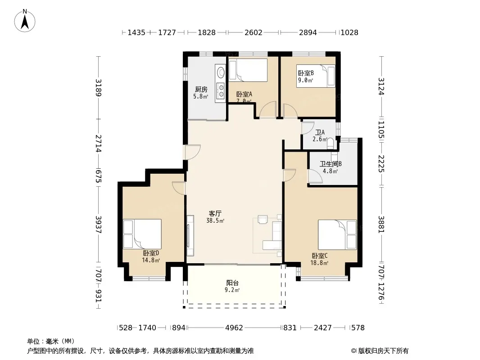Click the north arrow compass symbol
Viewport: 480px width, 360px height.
(x=25, y=21)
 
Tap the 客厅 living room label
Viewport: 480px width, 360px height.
(x=215, y=213)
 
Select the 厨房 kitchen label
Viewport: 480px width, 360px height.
(x=201, y=89)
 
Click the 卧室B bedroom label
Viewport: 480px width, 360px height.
(x=306, y=73)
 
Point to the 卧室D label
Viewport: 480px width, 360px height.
(x=151, y=253)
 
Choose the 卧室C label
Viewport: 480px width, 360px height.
(x=320, y=256)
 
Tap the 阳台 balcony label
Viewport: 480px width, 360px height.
(x=232, y=283)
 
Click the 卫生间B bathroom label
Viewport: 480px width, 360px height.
(x=331, y=164)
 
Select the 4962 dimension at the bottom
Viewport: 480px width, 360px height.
(x=234, y=328)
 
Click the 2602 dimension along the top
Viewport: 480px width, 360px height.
(x=254, y=32)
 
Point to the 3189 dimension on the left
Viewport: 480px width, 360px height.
(x=98, y=88)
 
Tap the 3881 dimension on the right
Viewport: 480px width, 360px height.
(x=381, y=224)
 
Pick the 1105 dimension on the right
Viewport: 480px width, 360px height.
(x=381, y=130)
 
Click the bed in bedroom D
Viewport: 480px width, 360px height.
(x=142, y=234)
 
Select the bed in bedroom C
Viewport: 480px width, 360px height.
(x=337, y=234)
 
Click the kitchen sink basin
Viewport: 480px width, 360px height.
(x=220, y=72)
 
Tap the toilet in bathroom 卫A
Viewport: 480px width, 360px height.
(x=330, y=144)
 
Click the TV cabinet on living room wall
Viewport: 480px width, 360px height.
(x=190, y=235)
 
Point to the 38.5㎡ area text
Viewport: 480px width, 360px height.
(x=215, y=220)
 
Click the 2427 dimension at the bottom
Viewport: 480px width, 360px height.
(x=323, y=328)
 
